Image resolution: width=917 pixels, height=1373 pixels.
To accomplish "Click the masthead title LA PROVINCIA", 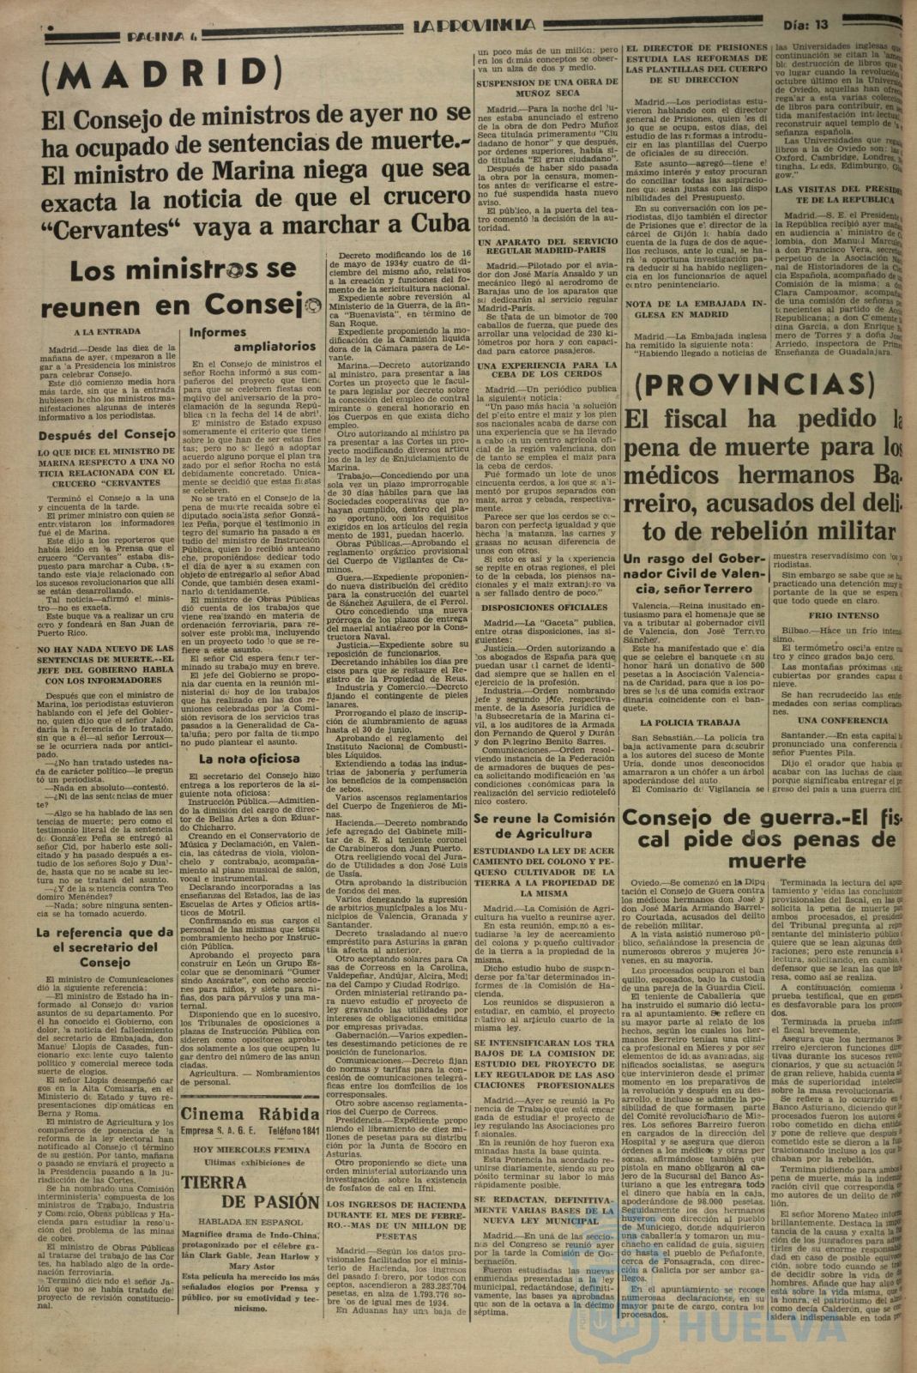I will [474, 26].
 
